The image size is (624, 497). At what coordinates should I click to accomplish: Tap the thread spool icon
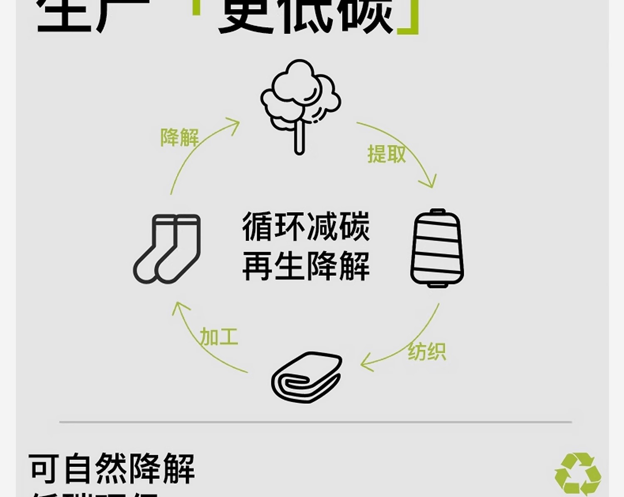437,248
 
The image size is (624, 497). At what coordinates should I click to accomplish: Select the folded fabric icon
307,377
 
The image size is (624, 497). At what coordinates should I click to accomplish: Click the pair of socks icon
167,249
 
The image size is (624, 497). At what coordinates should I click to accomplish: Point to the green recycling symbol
578,474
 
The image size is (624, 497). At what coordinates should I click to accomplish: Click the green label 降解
180,137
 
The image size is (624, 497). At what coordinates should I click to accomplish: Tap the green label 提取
386,154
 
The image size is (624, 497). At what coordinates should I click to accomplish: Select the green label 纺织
427,352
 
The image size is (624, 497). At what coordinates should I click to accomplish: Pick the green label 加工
219,336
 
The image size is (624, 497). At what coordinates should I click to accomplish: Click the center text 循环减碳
306,227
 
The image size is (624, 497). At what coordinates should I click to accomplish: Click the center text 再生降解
306,266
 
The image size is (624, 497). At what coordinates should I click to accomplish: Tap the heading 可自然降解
111,469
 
